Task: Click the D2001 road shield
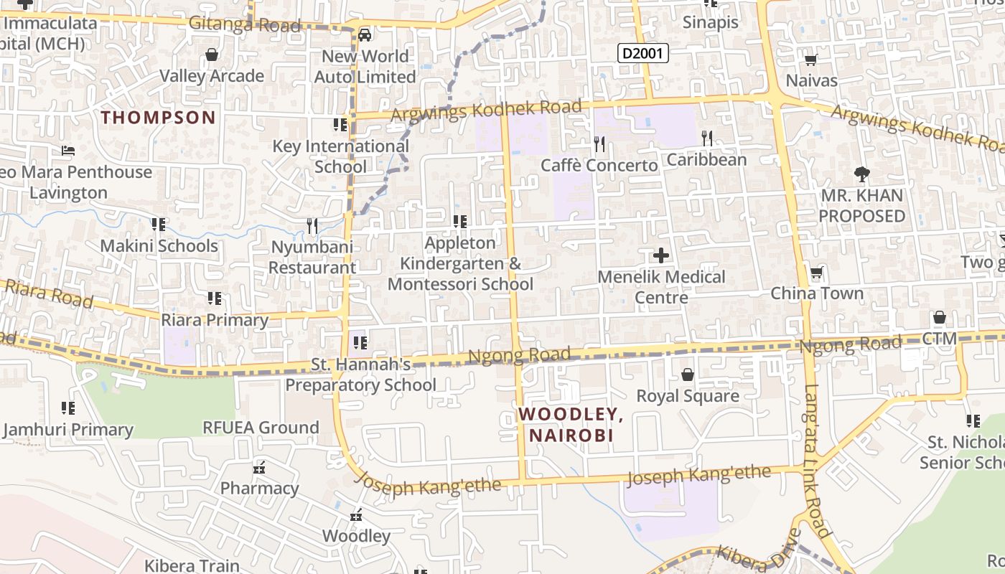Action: coord(643,52)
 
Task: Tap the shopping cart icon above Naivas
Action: coord(811,60)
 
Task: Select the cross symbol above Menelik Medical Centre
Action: coord(661,255)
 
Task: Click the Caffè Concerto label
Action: coord(599,166)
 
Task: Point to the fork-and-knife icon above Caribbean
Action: coord(707,138)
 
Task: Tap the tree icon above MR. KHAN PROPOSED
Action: coord(861,174)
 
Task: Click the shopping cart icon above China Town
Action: coord(816,273)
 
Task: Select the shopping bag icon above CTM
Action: coord(939,317)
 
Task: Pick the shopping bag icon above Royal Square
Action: coord(687,375)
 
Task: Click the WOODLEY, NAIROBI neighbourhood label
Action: coord(571,424)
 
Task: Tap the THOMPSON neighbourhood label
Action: coord(158,118)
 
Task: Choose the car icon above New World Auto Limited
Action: coord(365,34)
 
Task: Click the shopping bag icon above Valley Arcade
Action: coord(212,55)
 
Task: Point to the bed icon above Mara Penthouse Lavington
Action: coord(68,151)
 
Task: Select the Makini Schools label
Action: coord(159,246)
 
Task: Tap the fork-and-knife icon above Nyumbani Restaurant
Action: coord(312,226)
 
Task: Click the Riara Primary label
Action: coord(215,320)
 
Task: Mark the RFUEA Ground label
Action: coord(261,428)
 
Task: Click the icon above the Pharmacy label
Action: coord(259,468)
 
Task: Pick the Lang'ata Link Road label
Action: coord(817,462)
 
